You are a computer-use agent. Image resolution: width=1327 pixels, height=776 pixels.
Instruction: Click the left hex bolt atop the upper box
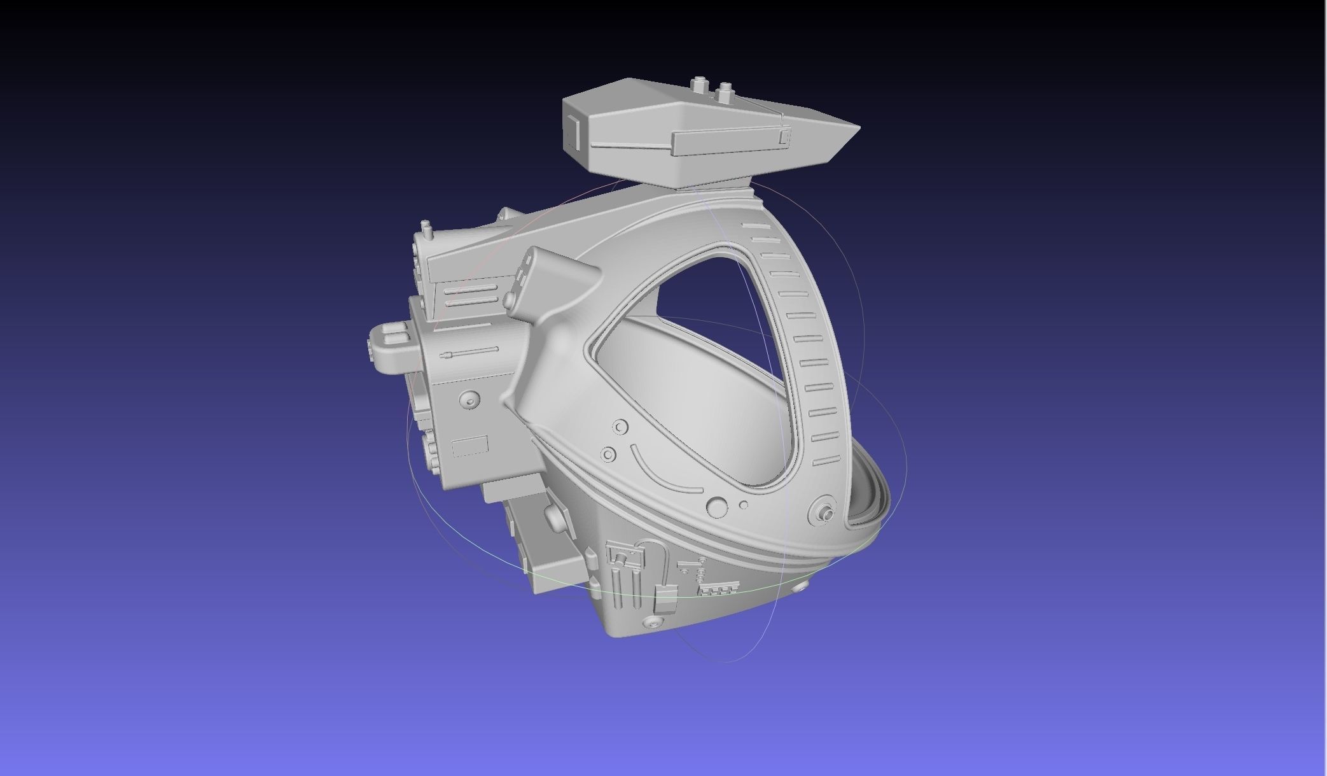(700, 84)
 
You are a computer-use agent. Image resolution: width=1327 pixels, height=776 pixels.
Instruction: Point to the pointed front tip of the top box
(858, 129)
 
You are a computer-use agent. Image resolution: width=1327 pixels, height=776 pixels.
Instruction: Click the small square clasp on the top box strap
(784, 136)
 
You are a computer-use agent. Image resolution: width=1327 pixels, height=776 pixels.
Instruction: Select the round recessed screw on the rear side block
(470, 400)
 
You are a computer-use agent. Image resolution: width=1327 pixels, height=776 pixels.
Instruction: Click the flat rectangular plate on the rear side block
(470, 446)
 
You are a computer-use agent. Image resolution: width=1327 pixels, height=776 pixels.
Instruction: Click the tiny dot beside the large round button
(744, 505)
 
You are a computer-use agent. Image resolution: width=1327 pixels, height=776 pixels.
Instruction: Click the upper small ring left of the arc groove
(620, 427)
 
